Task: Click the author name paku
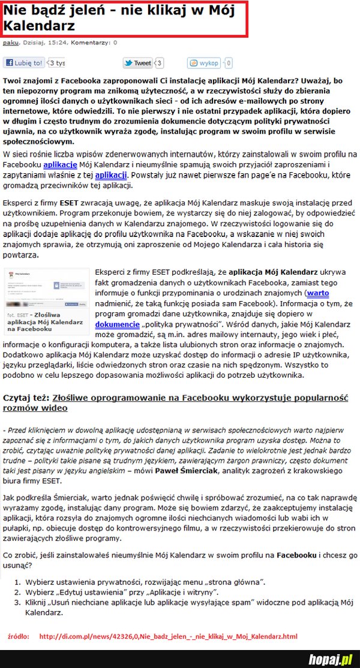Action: pyautogui.click(x=10, y=43)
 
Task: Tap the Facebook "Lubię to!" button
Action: pyautogui.click(x=25, y=63)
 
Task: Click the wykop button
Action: pyautogui.click(x=205, y=63)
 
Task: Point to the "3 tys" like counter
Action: pyautogui.click(x=58, y=63)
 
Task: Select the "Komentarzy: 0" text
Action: pyautogui.click(x=94, y=43)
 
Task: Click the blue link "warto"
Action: pyautogui.click(x=317, y=293)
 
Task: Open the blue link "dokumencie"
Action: pyautogui.click(x=118, y=324)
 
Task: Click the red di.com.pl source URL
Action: pyautogui.click(x=168, y=636)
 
